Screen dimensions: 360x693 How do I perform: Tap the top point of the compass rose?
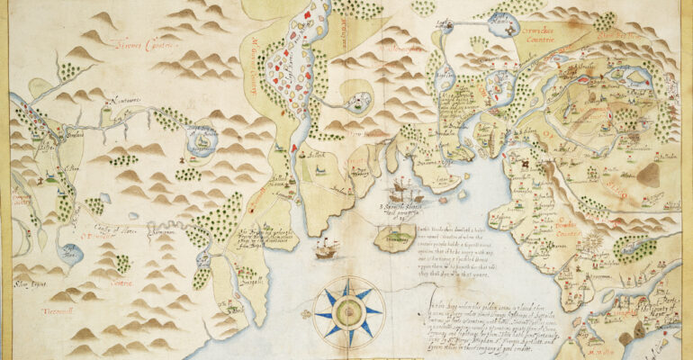348,281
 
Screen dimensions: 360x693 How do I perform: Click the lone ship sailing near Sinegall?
327,248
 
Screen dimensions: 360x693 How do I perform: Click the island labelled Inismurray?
393,238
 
